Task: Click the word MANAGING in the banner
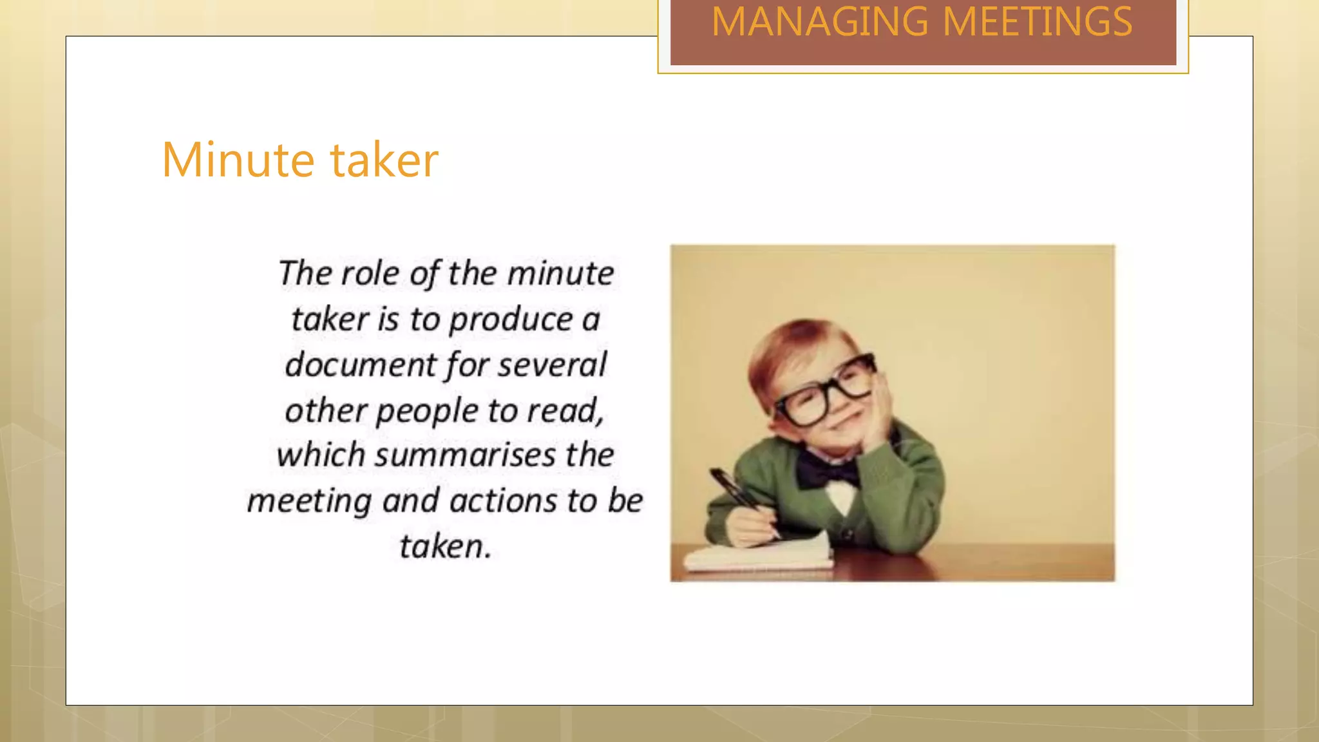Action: click(820, 23)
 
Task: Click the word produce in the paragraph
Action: click(511, 320)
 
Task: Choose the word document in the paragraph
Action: click(361, 365)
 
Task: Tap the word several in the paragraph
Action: click(552, 365)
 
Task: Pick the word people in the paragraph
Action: click(427, 412)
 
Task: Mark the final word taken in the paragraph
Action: click(444, 547)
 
